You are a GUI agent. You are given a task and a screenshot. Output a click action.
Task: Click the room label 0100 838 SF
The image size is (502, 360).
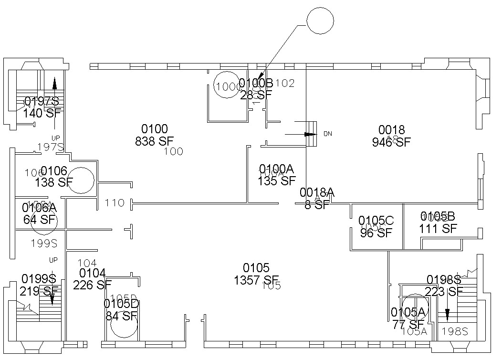tap(155, 135)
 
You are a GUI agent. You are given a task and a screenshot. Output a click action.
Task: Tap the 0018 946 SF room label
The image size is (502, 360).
tap(391, 136)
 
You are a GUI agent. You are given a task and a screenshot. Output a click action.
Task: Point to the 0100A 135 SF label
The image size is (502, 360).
tap(277, 175)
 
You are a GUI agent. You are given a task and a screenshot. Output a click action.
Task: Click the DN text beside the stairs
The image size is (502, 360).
tap(327, 134)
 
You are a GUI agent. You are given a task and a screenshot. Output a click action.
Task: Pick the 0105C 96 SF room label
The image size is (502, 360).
tap(376, 227)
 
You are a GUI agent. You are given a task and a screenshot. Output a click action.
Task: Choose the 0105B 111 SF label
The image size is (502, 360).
tap(438, 222)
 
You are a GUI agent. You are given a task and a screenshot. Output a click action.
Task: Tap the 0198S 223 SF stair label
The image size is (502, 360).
tap(444, 285)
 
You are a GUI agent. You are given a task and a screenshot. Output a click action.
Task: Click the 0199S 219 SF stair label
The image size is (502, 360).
tap(39, 284)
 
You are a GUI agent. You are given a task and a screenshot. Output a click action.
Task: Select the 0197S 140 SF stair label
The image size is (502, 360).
tap(42, 107)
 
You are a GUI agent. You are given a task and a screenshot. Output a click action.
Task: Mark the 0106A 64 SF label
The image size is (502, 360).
tap(40, 213)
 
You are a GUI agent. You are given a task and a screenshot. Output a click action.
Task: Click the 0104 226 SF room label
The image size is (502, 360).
tap(92, 279)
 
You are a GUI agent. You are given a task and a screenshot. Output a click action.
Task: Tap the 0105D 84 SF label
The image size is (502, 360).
tap(121, 309)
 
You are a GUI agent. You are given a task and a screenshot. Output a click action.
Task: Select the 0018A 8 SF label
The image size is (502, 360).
tap(317, 199)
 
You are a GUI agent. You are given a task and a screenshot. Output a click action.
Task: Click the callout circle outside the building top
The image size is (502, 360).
tap(319, 21)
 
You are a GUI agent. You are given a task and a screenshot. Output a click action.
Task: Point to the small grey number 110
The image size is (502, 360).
tap(115, 203)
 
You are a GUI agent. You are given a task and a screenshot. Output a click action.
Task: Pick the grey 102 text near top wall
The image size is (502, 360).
tap(285, 83)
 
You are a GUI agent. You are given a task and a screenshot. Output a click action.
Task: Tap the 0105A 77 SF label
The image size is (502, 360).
tap(408, 318)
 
